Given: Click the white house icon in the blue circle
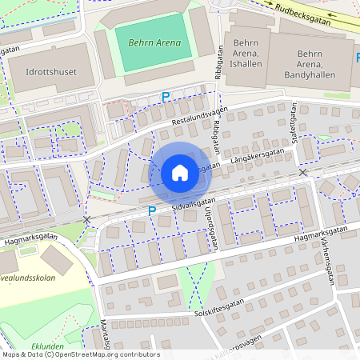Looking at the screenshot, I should pyautogui.click(x=179, y=172).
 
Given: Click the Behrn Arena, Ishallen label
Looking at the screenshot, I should pyautogui.click(x=246, y=58).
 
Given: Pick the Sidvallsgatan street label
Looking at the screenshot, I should pyautogui.click(x=194, y=204).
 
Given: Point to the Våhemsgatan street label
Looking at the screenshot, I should pyautogui.click(x=329, y=259).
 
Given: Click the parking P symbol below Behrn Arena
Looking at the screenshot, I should pyautogui.click(x=166, y=97).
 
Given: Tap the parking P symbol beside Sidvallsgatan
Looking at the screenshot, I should pyautogui.click(x=152, y=210).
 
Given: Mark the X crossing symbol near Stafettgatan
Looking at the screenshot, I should pyautogui.click(x=302, y=173).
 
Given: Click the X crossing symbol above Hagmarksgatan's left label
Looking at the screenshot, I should pyautogui.click(x=86, y=219).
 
